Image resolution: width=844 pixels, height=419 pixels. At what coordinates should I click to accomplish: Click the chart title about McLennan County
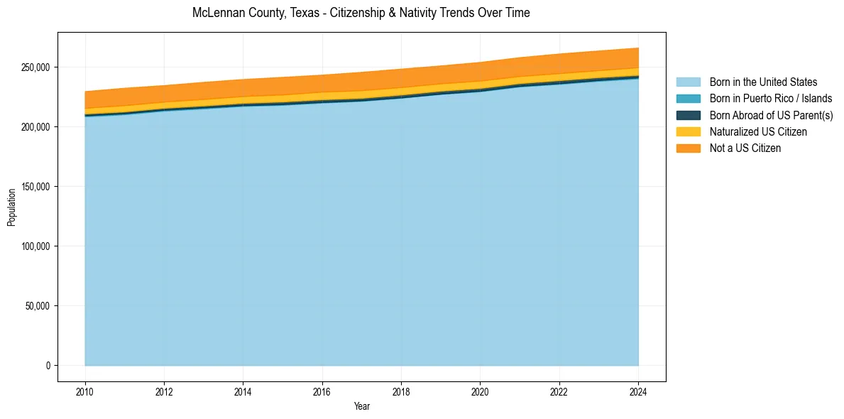361,13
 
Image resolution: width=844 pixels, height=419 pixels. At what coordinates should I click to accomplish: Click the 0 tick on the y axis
48,366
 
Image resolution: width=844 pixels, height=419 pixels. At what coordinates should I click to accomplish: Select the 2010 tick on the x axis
85,391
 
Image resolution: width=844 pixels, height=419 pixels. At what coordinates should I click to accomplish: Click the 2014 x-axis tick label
243,391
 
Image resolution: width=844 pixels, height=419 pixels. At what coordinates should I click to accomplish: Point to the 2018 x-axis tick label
401,391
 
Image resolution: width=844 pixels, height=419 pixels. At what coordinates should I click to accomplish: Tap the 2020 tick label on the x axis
480,391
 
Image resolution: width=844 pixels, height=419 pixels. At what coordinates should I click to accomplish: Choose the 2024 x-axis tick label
638,391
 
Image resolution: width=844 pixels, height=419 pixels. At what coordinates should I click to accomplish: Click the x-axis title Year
361,407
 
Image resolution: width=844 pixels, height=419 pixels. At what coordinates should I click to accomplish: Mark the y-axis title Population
11,207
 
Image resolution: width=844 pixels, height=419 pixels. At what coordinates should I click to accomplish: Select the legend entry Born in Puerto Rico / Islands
771,99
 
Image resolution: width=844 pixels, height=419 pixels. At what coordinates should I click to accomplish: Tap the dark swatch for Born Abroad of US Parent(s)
688,115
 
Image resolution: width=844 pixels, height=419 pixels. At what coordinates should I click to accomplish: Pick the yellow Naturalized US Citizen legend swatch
688,131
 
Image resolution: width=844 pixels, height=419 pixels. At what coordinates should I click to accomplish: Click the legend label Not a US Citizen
745,148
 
